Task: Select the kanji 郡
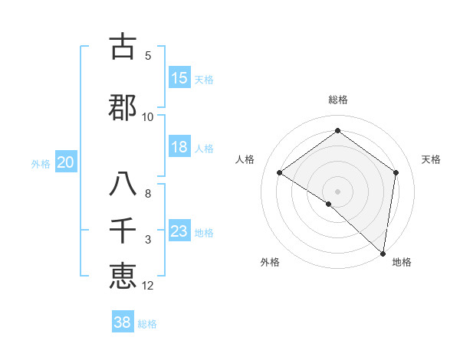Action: (123, 108)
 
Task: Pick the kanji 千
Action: (123, 231)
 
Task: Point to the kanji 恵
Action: (123, 277)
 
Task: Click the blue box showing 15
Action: (179, 78)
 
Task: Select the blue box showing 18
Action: (179, 147)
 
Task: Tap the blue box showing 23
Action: (179, 231)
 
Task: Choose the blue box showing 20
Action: (66, 162)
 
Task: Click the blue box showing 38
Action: (123, 322)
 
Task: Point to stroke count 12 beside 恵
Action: (149, 286)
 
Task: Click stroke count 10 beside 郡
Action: (148, 117)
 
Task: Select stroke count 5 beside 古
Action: (148, 56)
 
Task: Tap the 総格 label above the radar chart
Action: (337, 100)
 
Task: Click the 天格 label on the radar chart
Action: (432, 159)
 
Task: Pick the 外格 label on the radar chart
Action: (270, 262)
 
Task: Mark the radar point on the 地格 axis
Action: (383, 254)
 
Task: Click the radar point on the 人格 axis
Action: (280, 173)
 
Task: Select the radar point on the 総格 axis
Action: (337, 131)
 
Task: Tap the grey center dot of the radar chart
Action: (337, 191)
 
